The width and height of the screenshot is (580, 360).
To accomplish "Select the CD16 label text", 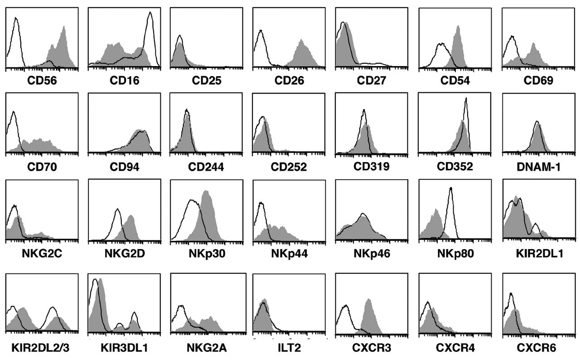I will (124, 81).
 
